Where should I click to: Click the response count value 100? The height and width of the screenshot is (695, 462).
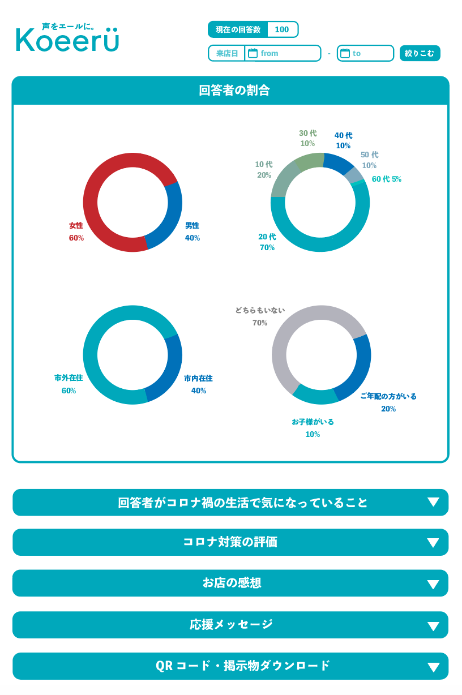tap(281, 29)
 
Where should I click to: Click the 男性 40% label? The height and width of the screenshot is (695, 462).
tap(192, 231)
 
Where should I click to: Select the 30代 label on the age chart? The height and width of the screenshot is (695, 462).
tap(307, 138)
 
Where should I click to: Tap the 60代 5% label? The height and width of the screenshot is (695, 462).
tap(387, 179)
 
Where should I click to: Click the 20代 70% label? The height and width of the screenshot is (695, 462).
tap(267, 242)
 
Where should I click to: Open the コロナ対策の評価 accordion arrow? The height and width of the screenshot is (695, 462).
tap(433, 543)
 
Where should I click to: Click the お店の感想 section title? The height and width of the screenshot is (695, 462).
tap(232, 583)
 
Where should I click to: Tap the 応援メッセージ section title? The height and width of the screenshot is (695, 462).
tap(231, 624)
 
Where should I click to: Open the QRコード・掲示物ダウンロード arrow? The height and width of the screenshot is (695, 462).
tap(433, 667)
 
